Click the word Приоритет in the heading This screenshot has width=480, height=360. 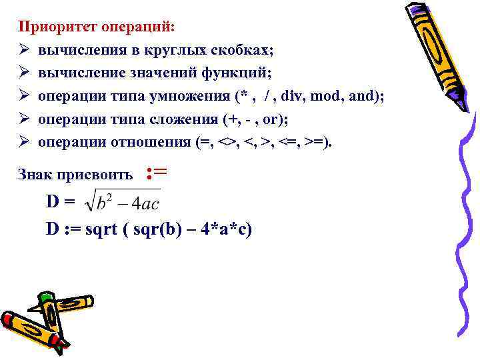[x=57, y=27]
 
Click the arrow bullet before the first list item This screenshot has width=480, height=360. [x=25, y=50]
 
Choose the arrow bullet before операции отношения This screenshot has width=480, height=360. [x=25, y=143]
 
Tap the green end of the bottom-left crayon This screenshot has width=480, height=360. [x=45, y=297]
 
